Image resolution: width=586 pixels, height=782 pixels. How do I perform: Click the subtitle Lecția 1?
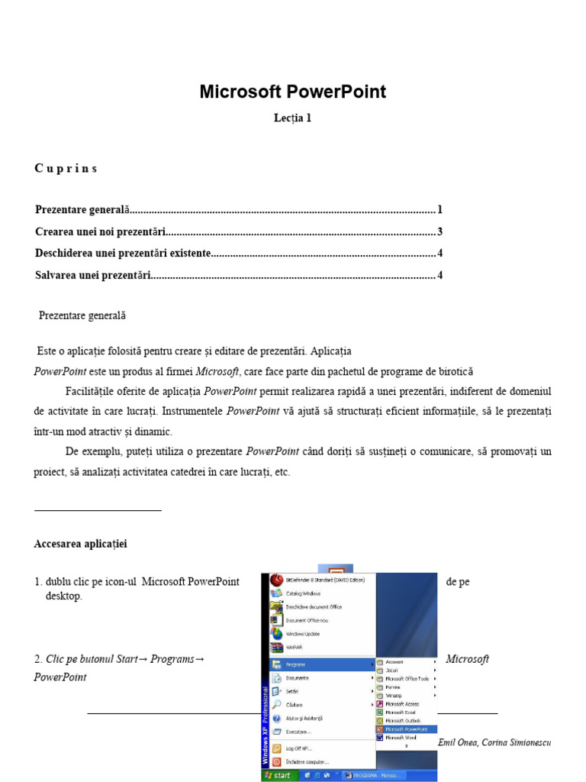pos(293,118)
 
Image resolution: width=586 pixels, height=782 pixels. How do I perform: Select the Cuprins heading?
pos(66,169)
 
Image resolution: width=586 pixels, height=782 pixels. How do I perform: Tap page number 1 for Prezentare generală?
pos(439,210)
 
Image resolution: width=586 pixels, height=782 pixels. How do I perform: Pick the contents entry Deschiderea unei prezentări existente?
pos(123,254)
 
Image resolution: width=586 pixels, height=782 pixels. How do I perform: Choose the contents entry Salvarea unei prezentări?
pos(93,276)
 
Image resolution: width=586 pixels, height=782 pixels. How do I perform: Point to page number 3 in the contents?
pos(439,232)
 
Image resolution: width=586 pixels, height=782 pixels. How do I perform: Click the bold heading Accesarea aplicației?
pos(81,544)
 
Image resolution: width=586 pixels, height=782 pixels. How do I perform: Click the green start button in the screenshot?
pos(277,775)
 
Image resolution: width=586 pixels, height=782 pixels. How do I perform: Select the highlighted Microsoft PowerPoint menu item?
pos(406,729)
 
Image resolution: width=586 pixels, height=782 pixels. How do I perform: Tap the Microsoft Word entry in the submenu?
pos(401,738)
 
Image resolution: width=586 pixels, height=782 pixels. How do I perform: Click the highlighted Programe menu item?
pos(295,664)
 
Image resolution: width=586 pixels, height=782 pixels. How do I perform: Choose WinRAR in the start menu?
pos(294,648)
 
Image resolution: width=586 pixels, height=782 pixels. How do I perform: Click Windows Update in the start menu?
pos(302,634)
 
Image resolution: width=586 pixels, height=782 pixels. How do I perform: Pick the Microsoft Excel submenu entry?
pos(401,712)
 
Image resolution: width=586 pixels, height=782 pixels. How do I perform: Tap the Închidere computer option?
pos(307,761)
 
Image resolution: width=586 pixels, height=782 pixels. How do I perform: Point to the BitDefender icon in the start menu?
pos(276,580)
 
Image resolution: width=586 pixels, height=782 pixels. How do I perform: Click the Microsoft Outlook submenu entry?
pos(403,720)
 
